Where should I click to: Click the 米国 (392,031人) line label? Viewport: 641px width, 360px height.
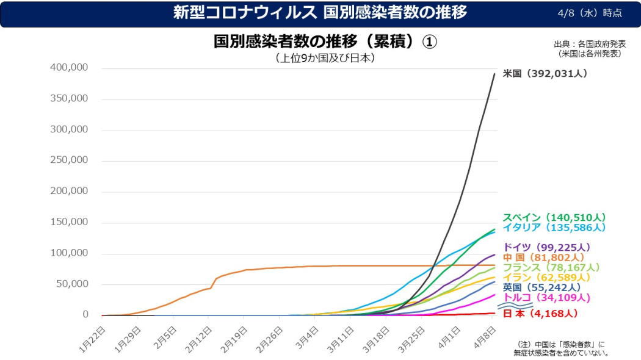click(x=545, y=73)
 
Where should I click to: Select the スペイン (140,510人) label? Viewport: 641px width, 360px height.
click(x=554, y=217)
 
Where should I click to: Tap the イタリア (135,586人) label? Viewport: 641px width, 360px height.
click(x=554, y=228)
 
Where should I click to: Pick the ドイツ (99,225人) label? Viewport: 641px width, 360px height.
click(x=546, y=247)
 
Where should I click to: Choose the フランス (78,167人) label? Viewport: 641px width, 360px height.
click(x=551, y=267)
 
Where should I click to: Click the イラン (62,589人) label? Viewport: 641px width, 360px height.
click(x=547, y=278)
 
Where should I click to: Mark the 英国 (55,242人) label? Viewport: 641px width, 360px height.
click(x=541, y=287)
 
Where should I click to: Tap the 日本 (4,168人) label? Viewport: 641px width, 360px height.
click(x=540, y=314)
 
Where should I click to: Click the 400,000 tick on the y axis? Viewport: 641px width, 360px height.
click(x=68, y=68)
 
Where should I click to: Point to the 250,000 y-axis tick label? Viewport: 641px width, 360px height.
click(x=68, y=160)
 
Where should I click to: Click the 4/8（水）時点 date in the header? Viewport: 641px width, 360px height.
click(x=590, y=13)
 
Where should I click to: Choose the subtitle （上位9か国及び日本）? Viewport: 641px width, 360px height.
click(x=325, y=59)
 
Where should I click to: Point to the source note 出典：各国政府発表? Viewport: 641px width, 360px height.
click(x=590, y=45)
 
